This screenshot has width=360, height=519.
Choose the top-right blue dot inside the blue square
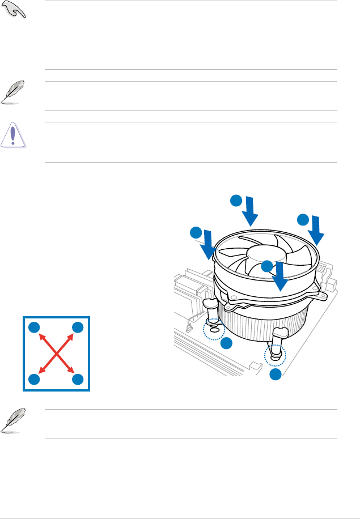(x=78, y=327)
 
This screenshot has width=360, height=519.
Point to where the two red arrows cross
(x=57, y=353)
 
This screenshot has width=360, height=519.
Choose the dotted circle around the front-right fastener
(x=276, y=356)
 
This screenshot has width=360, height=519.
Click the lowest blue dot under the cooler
(x=276, y=375)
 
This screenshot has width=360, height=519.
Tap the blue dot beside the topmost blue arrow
(x=235, y=201)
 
